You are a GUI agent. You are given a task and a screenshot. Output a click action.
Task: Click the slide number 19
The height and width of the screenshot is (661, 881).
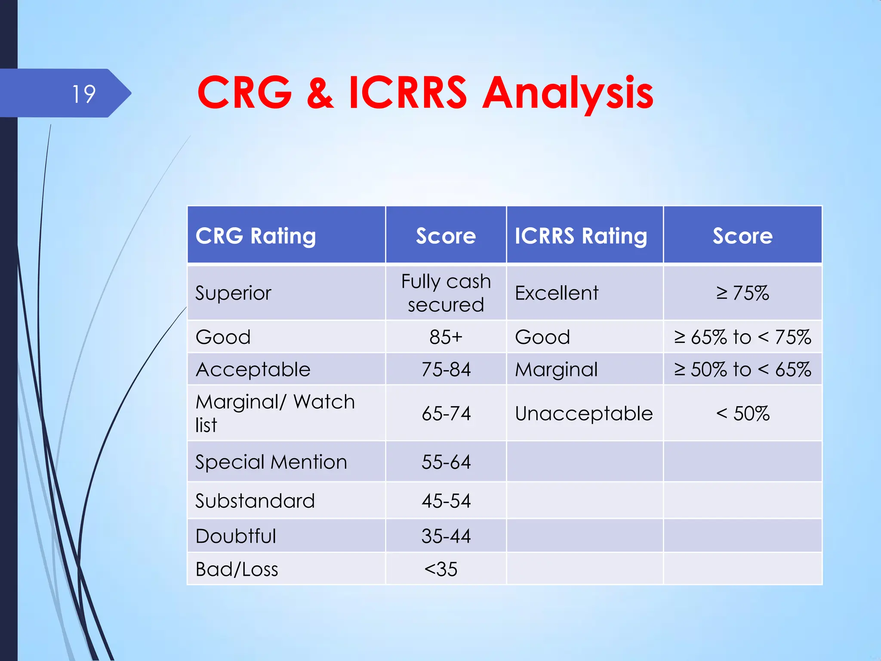coord(84,94)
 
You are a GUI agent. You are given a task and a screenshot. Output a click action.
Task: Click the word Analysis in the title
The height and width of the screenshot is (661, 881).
coord(567,93)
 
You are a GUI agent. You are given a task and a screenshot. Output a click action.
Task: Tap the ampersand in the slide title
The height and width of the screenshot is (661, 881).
coord(320,93)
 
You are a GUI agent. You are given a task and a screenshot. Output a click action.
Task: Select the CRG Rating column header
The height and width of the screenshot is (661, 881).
coord(256,236)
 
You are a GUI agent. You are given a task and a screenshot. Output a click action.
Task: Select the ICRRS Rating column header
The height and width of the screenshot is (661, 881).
coord(581,236)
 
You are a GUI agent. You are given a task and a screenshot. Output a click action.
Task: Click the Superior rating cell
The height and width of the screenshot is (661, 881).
coord(234,293)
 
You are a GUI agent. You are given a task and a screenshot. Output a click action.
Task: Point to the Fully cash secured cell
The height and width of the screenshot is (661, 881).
coord(446,293)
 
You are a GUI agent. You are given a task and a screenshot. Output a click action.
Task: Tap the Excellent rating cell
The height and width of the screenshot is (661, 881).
coord(557,293)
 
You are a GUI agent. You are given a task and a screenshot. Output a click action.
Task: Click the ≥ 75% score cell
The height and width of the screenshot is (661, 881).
coord(742,293)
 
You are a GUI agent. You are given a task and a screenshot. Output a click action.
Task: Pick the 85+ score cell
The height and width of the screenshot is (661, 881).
coord(446,337)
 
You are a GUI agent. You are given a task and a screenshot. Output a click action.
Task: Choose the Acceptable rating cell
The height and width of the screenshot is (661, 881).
coord(253,369)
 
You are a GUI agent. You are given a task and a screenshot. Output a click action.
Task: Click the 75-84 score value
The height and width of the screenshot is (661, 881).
coord(446,369)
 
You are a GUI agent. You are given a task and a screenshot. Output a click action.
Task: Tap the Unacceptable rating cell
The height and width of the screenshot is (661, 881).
coord(584,414)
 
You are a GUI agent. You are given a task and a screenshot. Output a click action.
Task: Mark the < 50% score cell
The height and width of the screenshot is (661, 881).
coord(742,414)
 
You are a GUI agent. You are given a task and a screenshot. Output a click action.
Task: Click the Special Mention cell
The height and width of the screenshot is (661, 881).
coord(271,462)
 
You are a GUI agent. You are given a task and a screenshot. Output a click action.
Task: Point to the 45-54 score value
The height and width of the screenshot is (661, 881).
coord(446,501)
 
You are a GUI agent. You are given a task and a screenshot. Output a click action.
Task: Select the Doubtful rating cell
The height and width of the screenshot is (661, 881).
coord(236,536)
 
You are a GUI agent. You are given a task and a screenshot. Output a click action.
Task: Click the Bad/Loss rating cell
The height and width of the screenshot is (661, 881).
coord(237,569)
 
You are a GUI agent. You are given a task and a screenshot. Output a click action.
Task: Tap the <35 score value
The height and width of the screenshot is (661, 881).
coord(441,569)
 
